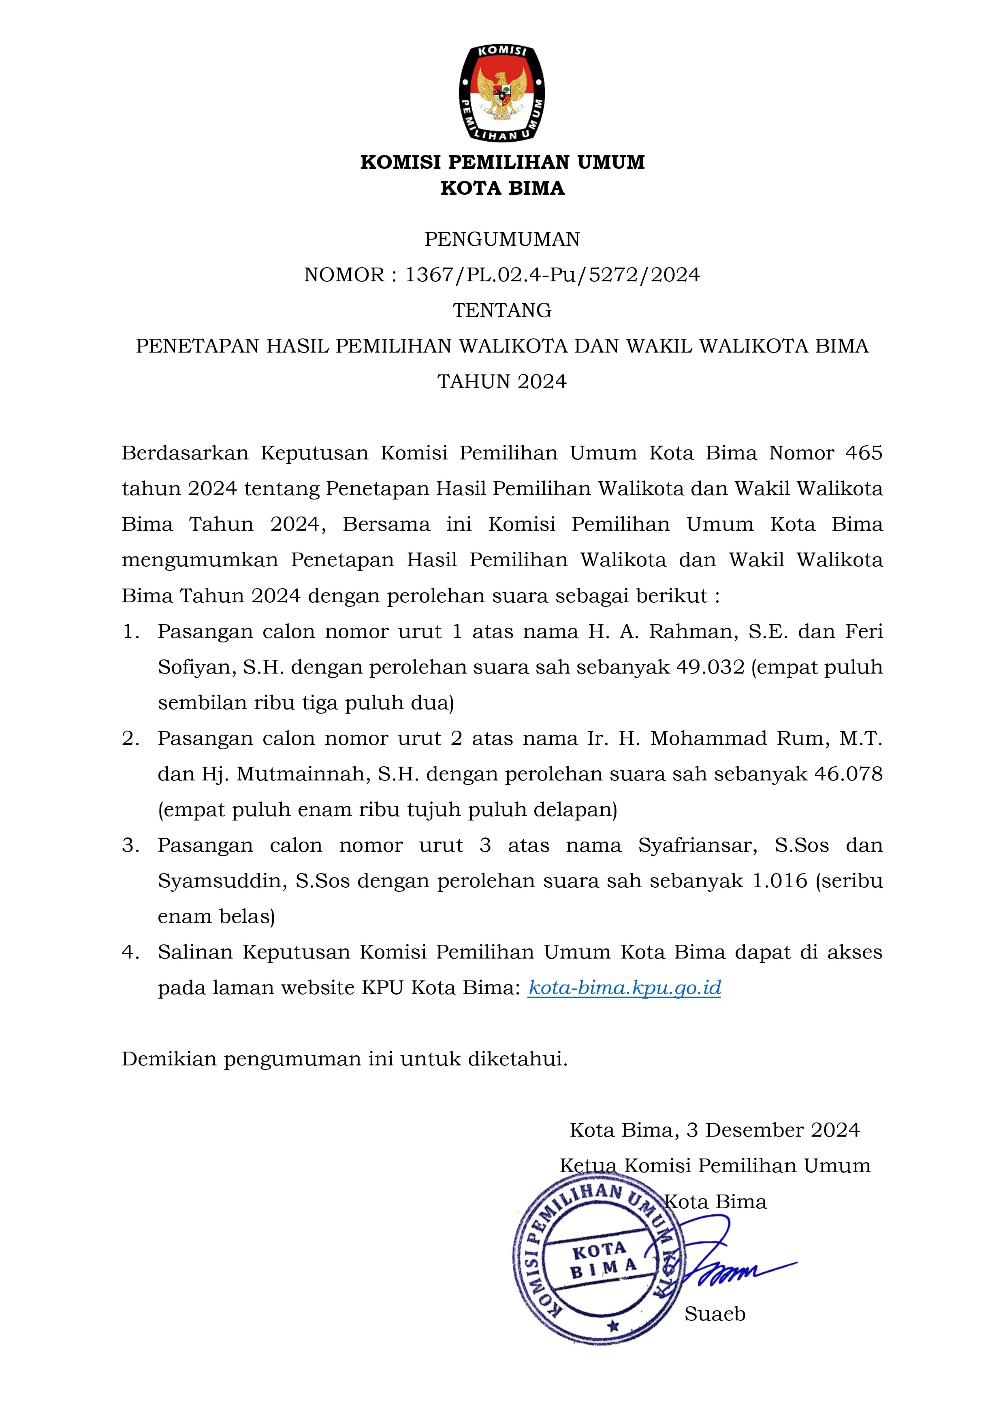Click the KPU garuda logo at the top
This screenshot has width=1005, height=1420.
pos(502,93)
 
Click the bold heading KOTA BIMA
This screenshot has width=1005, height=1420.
pos(502,188)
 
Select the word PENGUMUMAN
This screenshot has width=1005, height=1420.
pos(502,239)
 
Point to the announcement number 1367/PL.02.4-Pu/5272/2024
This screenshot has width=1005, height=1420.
pos(552,274)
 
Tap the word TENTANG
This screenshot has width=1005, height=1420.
pos(502,310)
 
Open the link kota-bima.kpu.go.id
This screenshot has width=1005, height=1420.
pos(624,988)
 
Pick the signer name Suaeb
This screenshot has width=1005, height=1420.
pos(715,1313)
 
